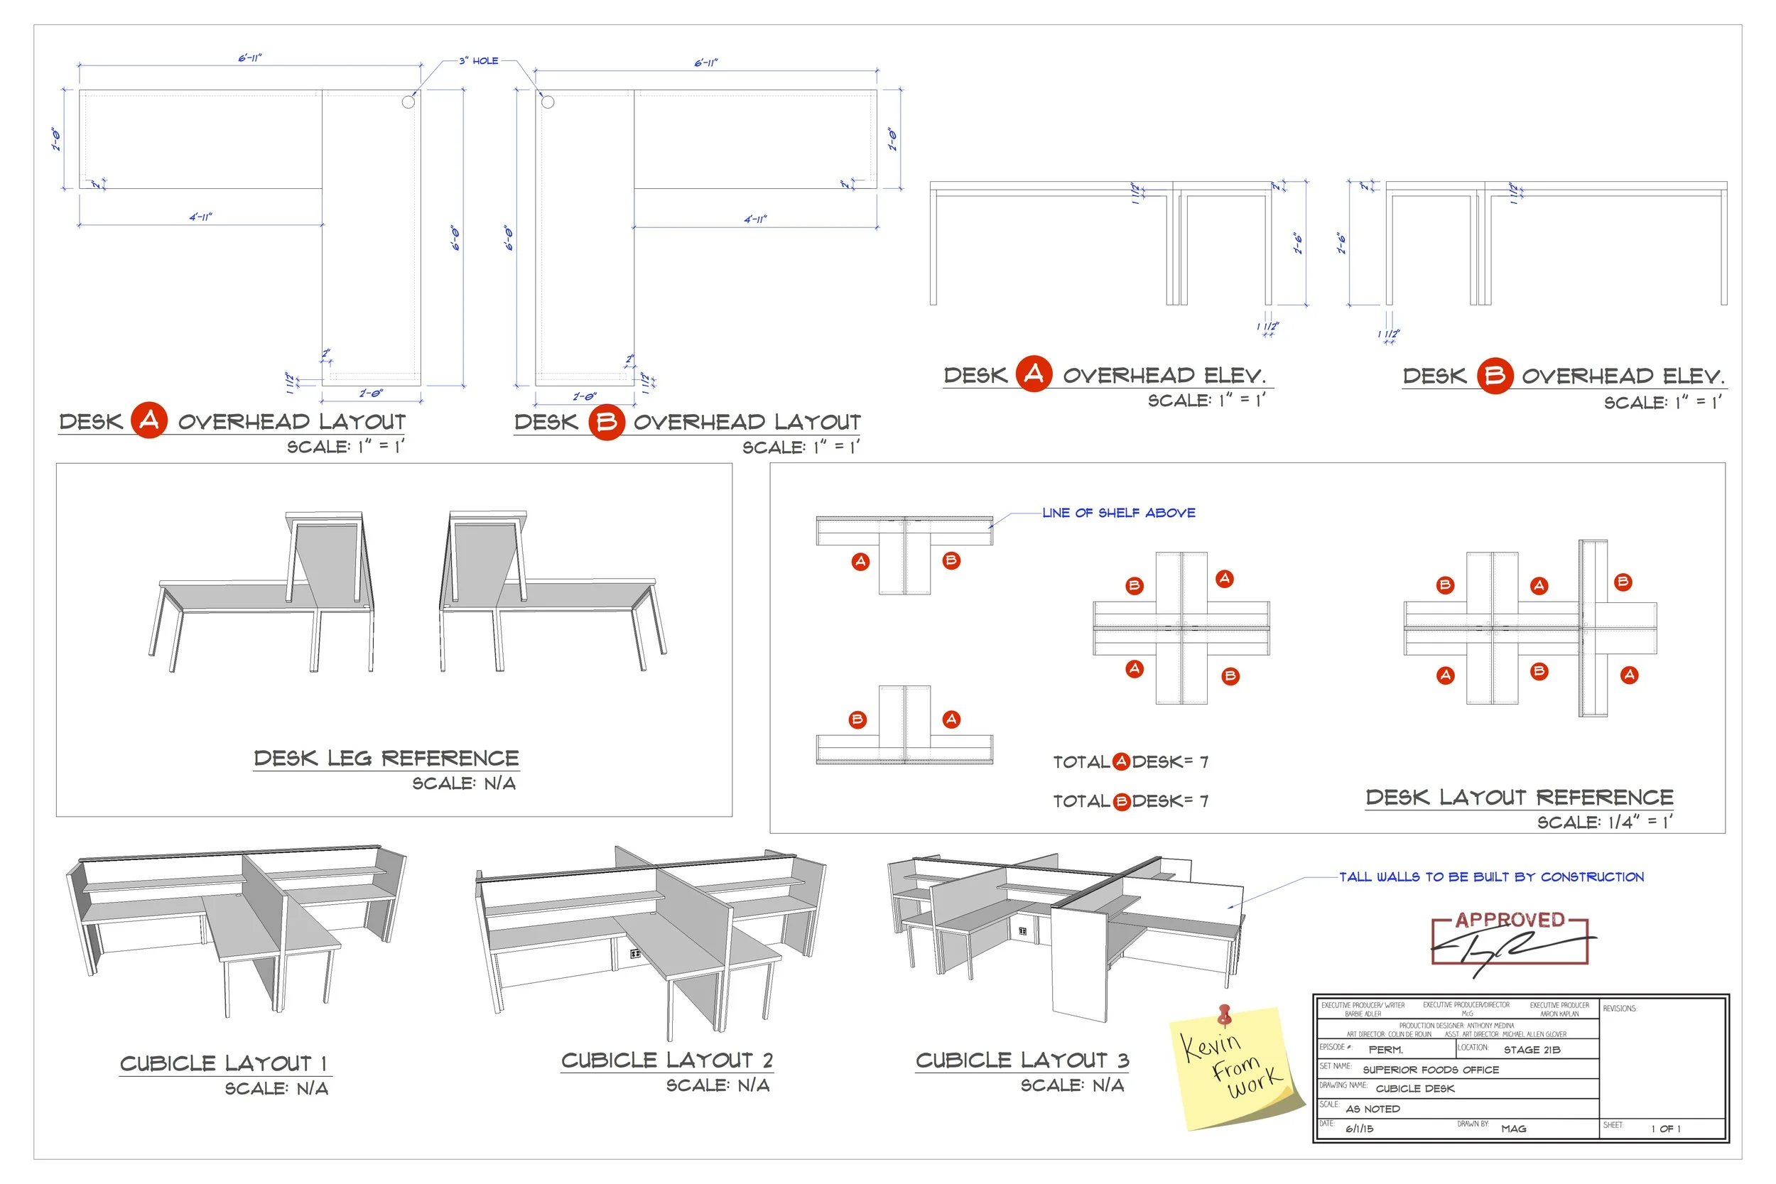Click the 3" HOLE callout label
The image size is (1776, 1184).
coord(479,60)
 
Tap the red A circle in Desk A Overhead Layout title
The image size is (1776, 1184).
coord(148,420)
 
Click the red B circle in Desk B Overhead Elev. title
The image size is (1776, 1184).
coord(1495,375)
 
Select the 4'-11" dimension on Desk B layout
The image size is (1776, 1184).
coord(755,219)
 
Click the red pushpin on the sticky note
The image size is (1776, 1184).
coord(1225,1013)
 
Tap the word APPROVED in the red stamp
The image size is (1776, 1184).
coord(1510,920)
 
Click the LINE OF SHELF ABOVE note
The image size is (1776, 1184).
coord(1118,513)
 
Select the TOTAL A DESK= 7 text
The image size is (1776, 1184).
coord(1130,762)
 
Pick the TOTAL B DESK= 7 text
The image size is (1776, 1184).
coord(1130,801)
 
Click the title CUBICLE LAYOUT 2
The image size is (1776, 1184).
coord(667,1060)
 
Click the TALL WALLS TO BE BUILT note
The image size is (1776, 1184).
coord(1491,876)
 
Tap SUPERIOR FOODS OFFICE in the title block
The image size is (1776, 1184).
coord(1430,1070)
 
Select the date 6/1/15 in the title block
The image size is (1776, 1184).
coord(1359,1129)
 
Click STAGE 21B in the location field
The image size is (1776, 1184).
coord(1532,1050)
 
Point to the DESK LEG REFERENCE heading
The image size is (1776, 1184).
coord(386,758)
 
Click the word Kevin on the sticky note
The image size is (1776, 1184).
coord(1211,1045)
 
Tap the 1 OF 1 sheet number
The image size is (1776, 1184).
coord(1665,1129)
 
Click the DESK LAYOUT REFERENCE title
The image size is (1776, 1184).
coord(1520,798)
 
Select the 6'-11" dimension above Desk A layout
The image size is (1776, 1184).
coord(250,58)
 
